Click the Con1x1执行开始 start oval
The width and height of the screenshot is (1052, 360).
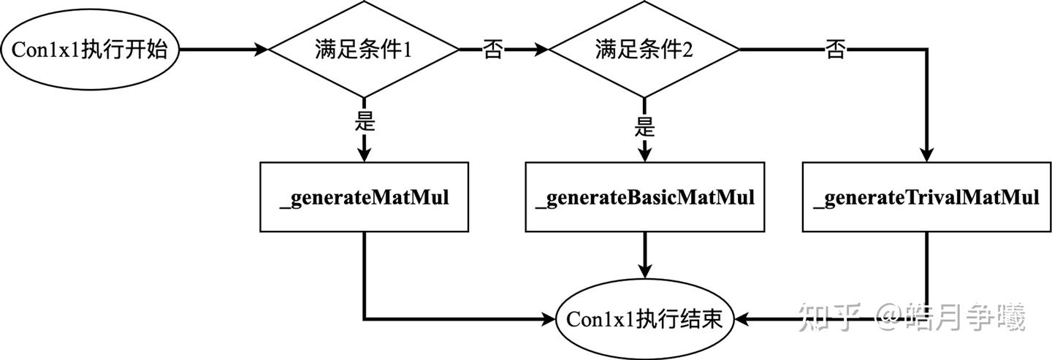pyautogui.click(x=90, y=50)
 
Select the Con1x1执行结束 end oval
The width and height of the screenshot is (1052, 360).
pyautogui.click(x=644, y=319)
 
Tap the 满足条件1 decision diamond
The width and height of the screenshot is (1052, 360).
pyautogui.click(x=364, y=50)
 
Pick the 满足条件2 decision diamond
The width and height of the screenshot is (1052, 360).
pyautogui.click(x=644, y=50)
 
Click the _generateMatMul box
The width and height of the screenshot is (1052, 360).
pyautogui.click(x=364, y=197)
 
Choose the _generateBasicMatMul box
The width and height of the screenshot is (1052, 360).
pyautogui.click(x=644, y=197)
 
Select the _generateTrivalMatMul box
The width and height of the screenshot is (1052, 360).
pyautogui.click(x=926, y=197)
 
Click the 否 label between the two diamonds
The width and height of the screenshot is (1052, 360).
pyautogui.click(x=492, y=50)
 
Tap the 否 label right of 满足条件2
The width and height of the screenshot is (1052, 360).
pyautogui.click(x=835, y=50)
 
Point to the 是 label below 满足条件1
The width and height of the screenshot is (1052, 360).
pyautogui.click(x=364, y=121)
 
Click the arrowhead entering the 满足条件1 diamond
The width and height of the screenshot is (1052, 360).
pyautogui.click(x=261, y=50)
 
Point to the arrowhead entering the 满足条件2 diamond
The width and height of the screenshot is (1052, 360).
pyautogui.click(x=541, y=50)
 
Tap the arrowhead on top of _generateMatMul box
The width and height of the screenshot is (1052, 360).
pyautogui.click(x=364, y=155)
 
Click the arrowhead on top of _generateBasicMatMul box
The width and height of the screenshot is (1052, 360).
pyautogui.click(x=644, y=155)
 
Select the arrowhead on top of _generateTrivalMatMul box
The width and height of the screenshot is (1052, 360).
pyautogui.click(x=926, y=155)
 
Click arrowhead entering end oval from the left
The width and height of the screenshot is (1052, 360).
pyautogui.click(x=548, y=319)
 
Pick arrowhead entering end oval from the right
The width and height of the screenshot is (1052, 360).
pyautogui.click(x=741, y=319)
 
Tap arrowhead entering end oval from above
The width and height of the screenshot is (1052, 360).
pyautogui.click(x=644, y=271)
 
